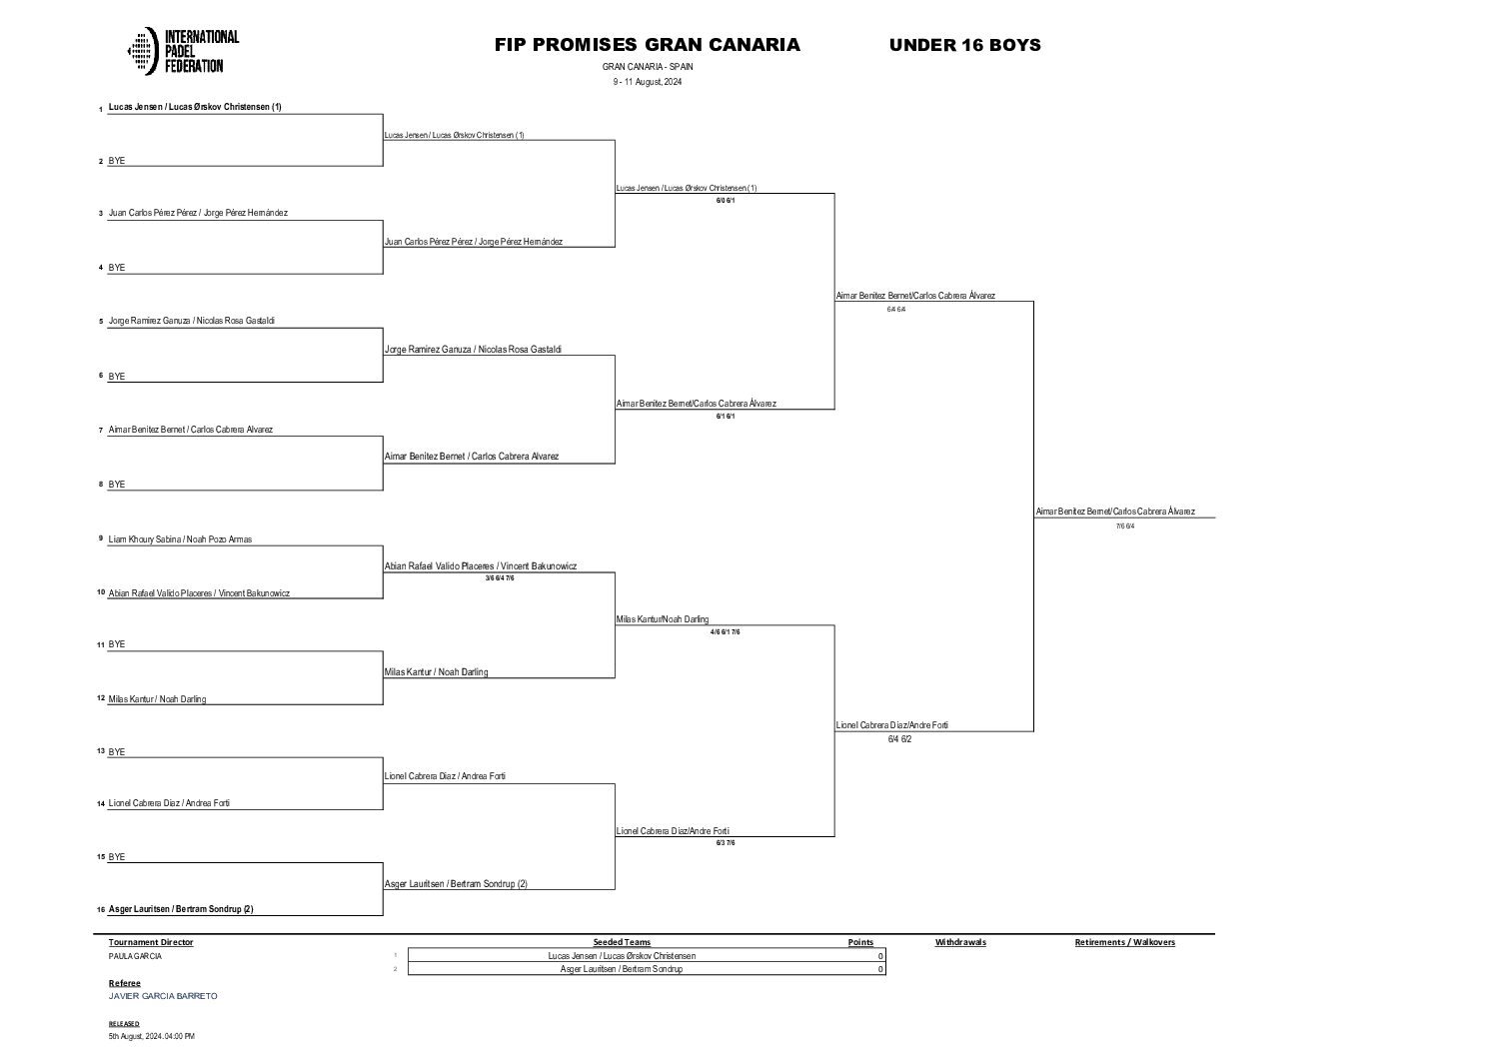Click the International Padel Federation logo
tap(184, 51)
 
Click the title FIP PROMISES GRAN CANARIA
tap(647, 45)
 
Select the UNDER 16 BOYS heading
tap(964, 45)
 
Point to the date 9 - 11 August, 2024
tap(648, 82)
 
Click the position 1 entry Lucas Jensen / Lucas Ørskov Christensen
tap(195, 107)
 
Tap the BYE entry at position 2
tap(117, 161)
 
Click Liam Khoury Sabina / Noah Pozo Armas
tap(180, 539)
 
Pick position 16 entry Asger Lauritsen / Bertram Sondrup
tap(181, 909)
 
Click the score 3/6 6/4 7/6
tap(499, 577)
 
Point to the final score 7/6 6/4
tap(1125, 526)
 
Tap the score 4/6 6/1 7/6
tap(725, 631)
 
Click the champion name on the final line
tap(1115, 512)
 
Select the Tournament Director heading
tap(151, 942)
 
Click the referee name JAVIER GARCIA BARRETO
tap(163, 996)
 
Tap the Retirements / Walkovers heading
tap(1124, 942)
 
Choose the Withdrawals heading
tap(960, 942)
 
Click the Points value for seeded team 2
tap(879, 969)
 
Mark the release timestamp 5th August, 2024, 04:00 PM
tap(152, 1036)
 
